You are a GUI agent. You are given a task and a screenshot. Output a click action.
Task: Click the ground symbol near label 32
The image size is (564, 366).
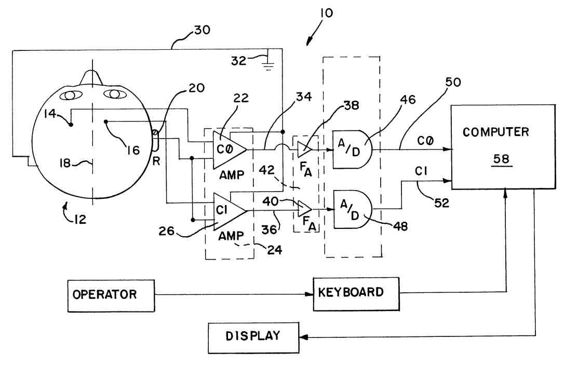click(x=268, y=65)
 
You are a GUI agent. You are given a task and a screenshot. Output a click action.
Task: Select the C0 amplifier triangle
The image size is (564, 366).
click(x=229, y=147)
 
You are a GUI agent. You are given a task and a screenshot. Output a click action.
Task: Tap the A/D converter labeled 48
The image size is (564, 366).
click(x=351, y=210)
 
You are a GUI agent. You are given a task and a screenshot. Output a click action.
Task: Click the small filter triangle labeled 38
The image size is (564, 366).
click(x=305, y=149)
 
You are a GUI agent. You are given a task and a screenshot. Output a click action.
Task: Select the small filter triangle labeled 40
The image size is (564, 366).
click(x=305, y=210)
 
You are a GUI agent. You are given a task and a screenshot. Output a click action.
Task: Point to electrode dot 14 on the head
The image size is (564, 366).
click(x=71, y=125)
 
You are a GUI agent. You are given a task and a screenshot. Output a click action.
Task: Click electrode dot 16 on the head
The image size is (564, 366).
click(x=106, y=123)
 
